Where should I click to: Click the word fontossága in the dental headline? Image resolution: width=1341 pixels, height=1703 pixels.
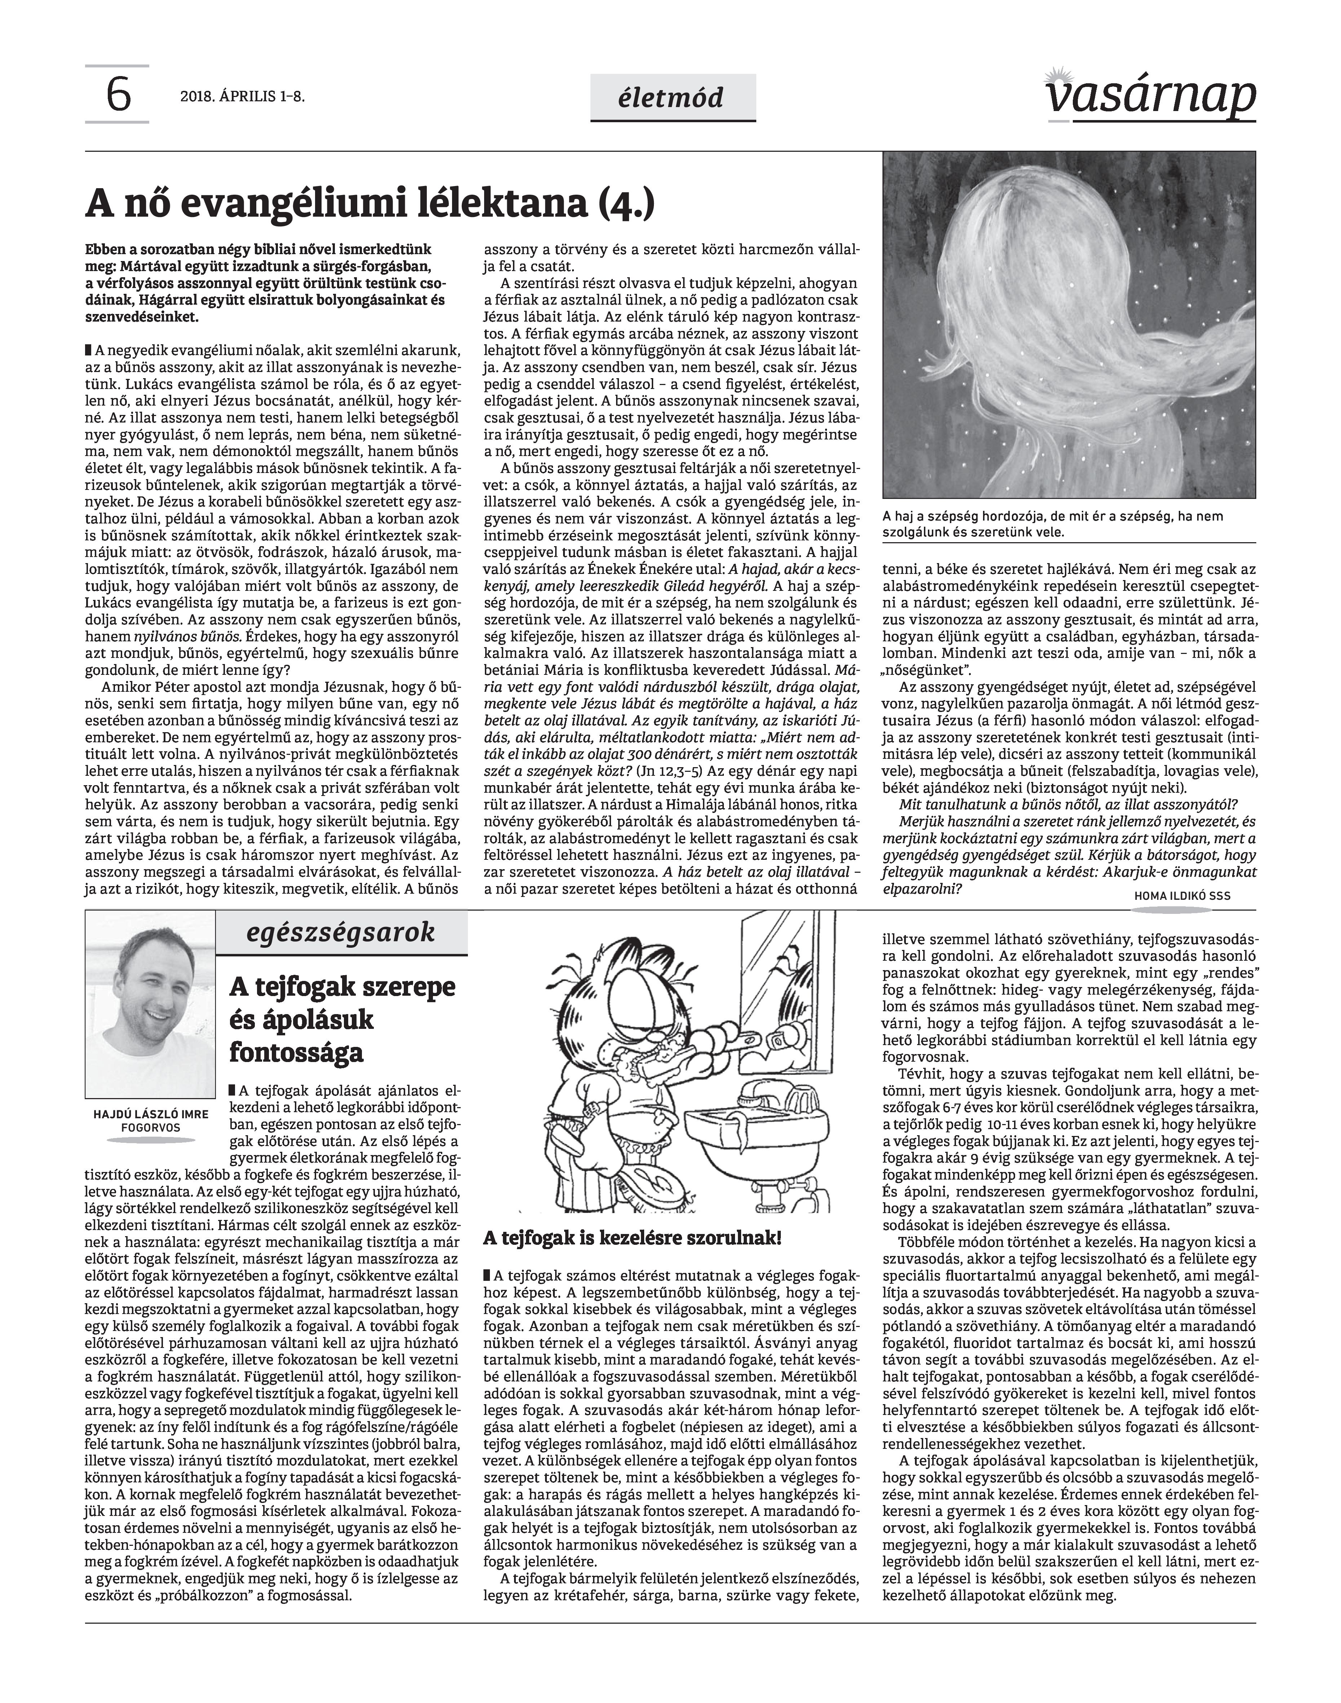click(x=297, y=1052)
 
